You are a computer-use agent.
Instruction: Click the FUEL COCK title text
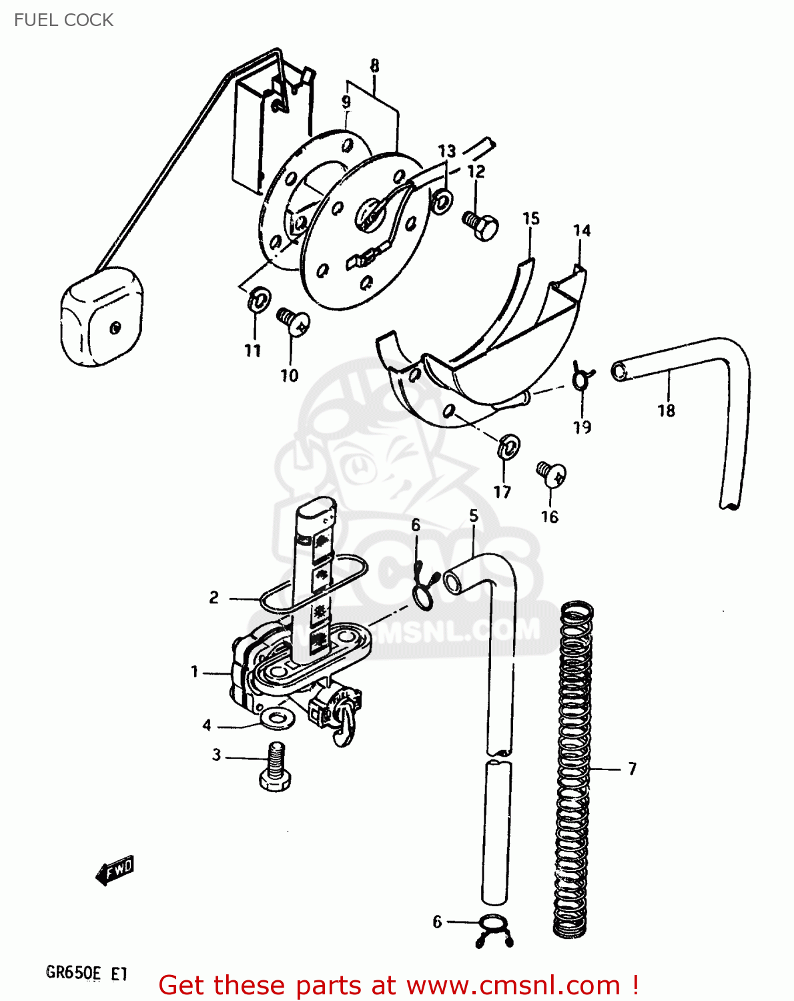[63, 20]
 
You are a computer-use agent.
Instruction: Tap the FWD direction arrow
[115, 870]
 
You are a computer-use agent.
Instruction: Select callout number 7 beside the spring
[632, 769]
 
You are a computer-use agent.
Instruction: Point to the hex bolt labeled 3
[274, 767]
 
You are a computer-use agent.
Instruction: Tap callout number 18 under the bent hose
[666, 410]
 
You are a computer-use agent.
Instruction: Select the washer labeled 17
[508, 445]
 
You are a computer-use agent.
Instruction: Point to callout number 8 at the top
[374, 65]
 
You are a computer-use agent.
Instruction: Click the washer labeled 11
[258, 300]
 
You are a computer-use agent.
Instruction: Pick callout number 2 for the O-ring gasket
[214, 597]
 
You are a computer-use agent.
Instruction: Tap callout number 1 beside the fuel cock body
[194, 671]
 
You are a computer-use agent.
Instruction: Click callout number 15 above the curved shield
[530, 218]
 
